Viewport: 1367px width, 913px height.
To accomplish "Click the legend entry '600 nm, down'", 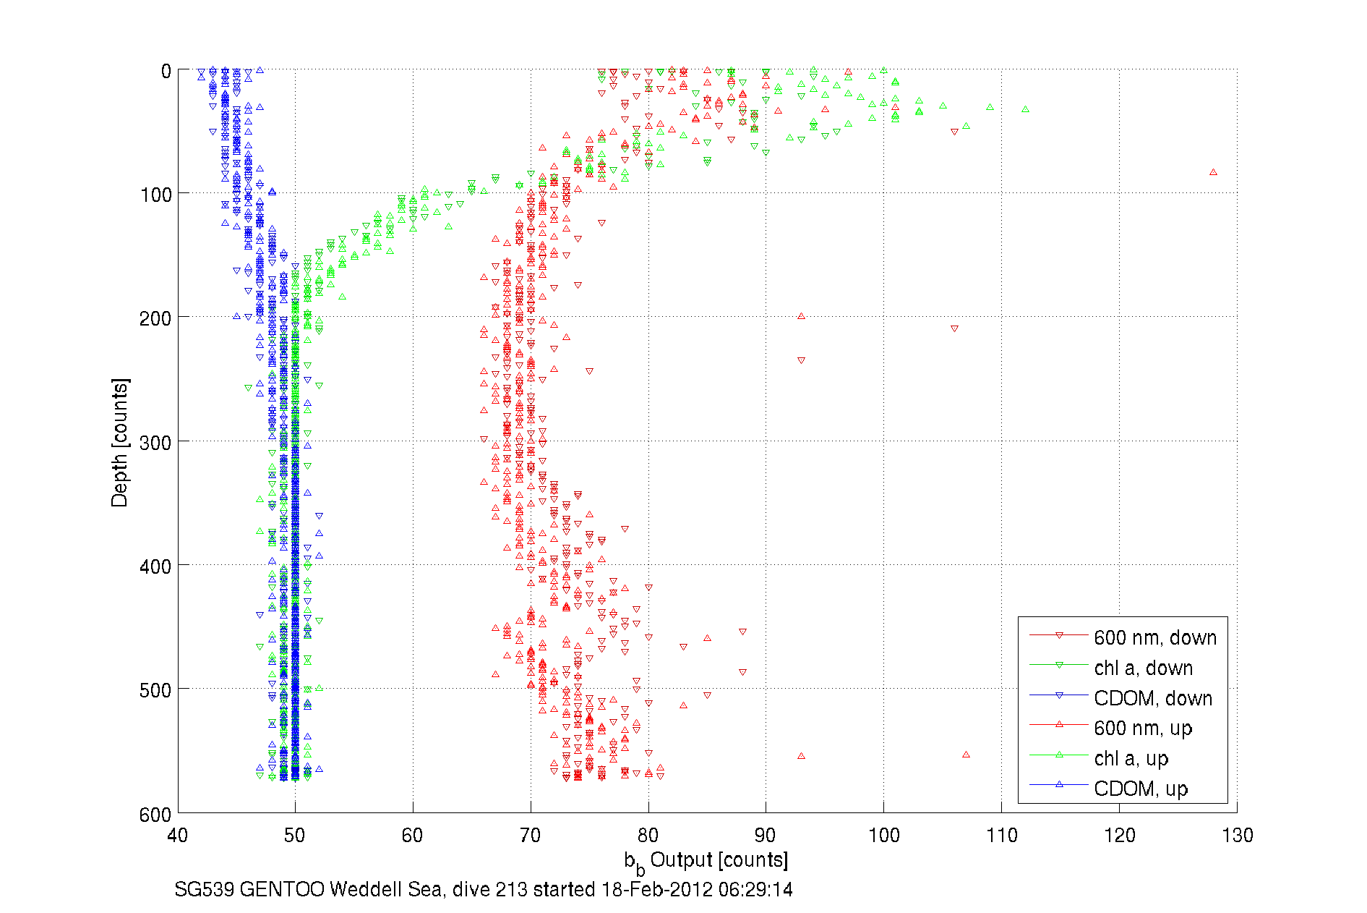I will (x=1154, y=637).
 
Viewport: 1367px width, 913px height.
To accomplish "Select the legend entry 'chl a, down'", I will (x=1143, y=668).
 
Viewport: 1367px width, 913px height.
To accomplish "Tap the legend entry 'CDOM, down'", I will (x=1152, y=698).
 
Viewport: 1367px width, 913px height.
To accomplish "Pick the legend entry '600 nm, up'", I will (x=1142, y=728).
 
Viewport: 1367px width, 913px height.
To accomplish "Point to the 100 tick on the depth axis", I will (x=155, y=195).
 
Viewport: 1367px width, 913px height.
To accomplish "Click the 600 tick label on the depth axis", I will (x=155, y=815).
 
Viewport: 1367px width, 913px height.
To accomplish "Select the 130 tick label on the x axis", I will (x=1237, y=836).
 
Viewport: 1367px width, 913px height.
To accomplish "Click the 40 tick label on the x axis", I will (x=178, y=836).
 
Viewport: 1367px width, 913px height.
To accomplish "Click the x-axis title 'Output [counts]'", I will (x=718, y=859).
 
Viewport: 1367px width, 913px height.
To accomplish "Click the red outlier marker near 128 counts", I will (x=1213, y=172).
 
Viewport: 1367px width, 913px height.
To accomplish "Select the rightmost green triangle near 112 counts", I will (x=1025, y=109).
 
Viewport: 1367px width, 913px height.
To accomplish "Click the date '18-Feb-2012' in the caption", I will (x=656, y=889).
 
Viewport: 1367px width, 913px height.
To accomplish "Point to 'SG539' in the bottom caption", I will (x=204, y=889).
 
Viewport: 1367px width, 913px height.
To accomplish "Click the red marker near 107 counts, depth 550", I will (x=966, y=755).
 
